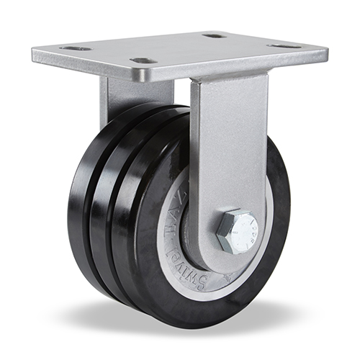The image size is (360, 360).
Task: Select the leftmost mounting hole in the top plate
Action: pos(76,48)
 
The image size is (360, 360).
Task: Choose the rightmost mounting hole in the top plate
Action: pos(285,46)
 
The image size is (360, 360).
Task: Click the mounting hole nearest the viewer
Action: pos(144,61)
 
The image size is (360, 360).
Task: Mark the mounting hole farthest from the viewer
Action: pos(215,35)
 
